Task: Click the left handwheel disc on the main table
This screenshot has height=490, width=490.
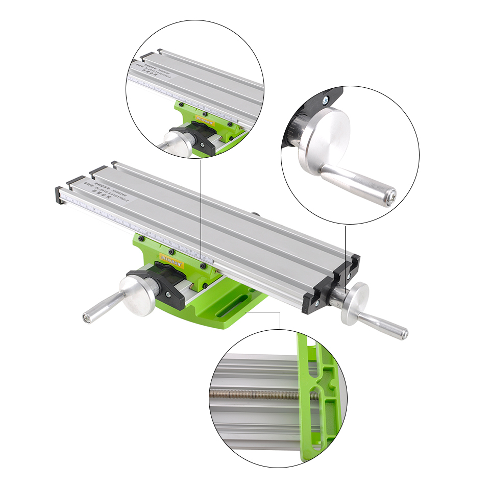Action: pyautogui.click(x=138, y=296)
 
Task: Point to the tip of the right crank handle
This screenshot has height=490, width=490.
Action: pyautogui.click(x=404, y=334)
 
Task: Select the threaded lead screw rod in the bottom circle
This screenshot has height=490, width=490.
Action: pyautogui.click(x=255, y=394)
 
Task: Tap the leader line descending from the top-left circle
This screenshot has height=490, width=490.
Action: pyautogui.click(x=201, y=204)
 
